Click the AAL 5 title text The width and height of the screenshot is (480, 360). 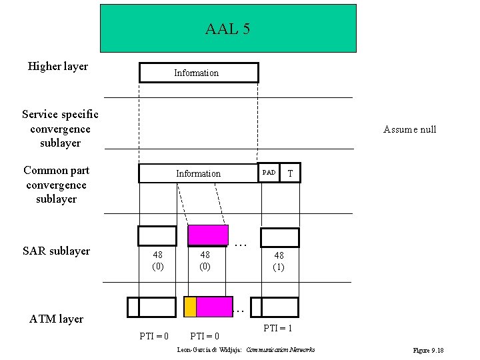[227, 29]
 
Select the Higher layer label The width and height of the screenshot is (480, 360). [58, 66]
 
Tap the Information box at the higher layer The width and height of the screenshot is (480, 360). [198, 73]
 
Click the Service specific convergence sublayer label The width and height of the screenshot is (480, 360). [60, 129]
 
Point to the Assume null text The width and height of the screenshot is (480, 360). [409, 129]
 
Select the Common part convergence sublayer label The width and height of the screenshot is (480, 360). [57, 185]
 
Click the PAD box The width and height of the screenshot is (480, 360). [269, 173]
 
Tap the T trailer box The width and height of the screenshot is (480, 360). [290, 173]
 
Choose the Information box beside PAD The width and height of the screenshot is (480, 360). [198, 173]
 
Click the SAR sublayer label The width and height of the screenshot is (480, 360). [56, 251]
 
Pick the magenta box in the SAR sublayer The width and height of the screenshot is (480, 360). [208, 236]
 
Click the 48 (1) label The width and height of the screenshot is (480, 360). [279, 261]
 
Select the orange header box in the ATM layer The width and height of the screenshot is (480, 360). [191, 307]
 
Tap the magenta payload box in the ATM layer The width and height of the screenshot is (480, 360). [215, 307]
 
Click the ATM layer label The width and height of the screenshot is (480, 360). [57, 319]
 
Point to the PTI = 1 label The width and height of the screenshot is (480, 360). [278, 328]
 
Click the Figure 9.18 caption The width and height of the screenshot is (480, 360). [429, 350]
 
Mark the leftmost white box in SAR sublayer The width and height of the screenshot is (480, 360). [157, 236]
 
